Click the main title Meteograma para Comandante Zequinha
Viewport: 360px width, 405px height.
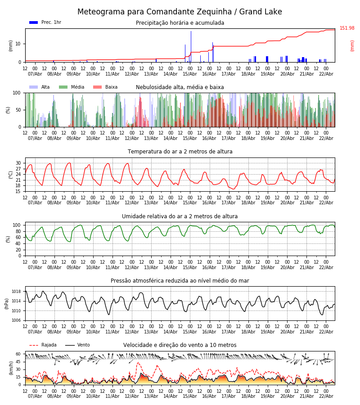[180, 12]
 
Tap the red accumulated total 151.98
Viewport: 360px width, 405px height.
[347, 28]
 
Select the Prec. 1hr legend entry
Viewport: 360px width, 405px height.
[45, 22]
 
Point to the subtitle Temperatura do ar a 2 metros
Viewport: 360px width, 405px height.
[180, 152]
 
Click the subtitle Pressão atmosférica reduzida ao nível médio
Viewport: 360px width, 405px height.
[180, 281]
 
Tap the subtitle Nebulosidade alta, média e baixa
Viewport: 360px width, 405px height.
[180, 87]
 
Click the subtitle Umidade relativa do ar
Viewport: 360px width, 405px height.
[180, 216]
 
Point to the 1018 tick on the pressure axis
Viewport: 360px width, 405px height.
[18, 291]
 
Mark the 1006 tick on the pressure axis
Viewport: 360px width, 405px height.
[18, 320]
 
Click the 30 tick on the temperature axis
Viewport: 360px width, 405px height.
[18, 163]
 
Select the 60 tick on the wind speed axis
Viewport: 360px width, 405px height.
[18, 354]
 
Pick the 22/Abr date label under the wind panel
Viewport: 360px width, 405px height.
[326, 396]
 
